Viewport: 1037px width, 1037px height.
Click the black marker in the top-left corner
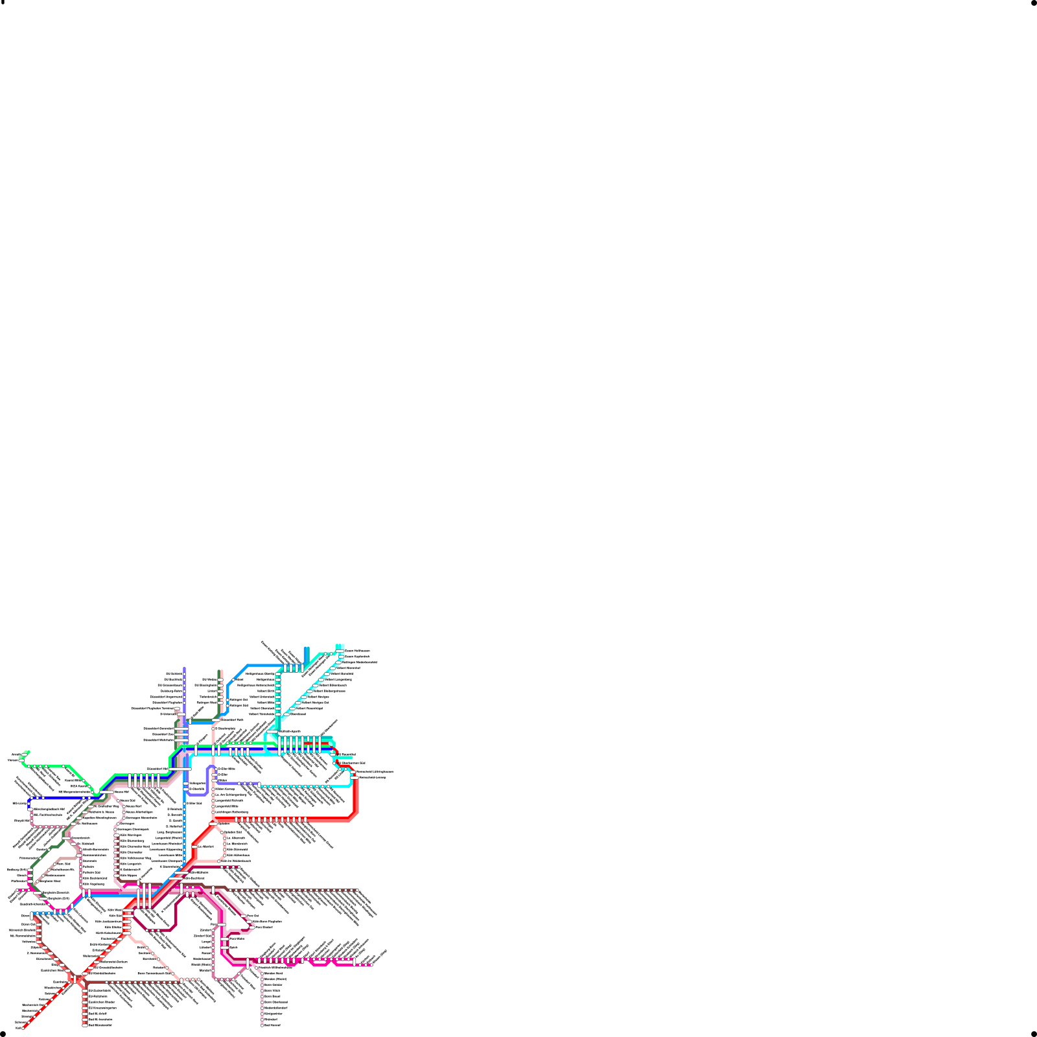[3, 3]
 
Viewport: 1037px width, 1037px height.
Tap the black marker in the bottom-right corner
[1034, 1034]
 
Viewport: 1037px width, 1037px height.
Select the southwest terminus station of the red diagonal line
[23, 1027]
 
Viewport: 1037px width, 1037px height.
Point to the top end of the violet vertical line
[185, 668]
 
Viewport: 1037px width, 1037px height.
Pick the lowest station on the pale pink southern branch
[262, 1025]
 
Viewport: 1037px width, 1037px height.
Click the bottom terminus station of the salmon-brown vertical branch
[85, 1025]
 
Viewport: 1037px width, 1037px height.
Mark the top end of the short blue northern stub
[307, 648]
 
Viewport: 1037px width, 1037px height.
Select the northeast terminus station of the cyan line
[338, 646]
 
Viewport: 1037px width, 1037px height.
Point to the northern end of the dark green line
[220, 671]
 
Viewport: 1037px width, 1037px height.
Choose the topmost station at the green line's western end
[28, 752]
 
